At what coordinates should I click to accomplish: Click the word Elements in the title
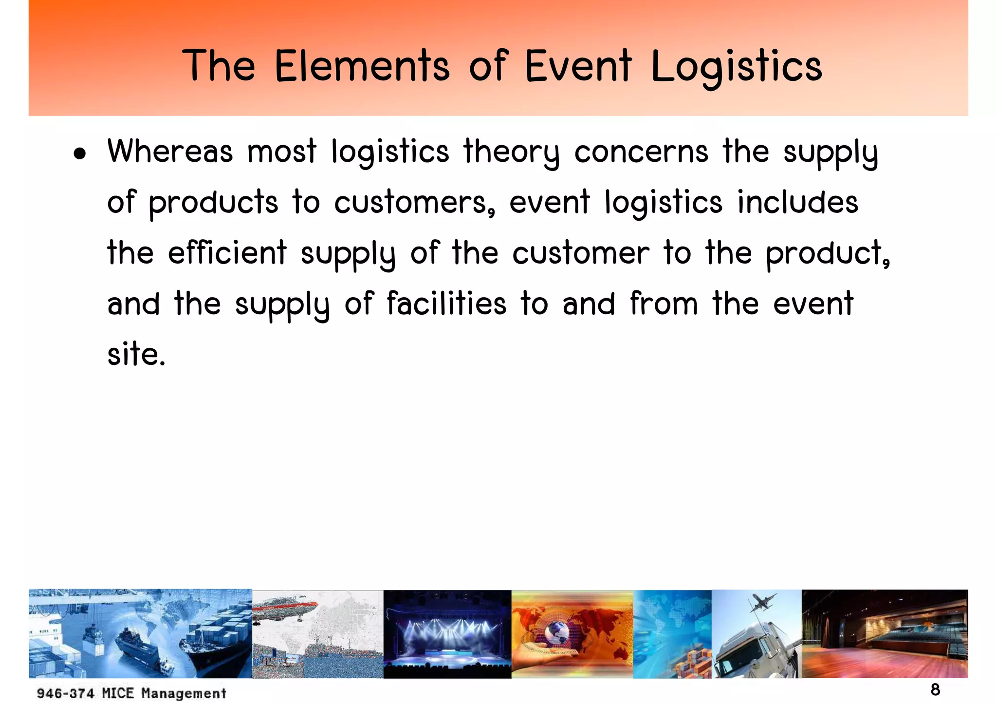point(362,66)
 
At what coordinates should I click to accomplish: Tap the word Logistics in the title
point(737,67)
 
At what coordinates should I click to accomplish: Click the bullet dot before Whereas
point(80,154)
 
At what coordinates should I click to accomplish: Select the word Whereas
point(170,151)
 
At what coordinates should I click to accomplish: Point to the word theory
point(511,152)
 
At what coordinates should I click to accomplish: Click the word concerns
point(641,152)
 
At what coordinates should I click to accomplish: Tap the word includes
point(797,202)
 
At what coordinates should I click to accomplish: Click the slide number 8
point(935,689)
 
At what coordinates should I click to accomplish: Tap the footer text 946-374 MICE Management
point(131,693)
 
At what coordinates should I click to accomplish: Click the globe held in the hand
point(556,633)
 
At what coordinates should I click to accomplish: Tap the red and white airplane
point(286,609)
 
